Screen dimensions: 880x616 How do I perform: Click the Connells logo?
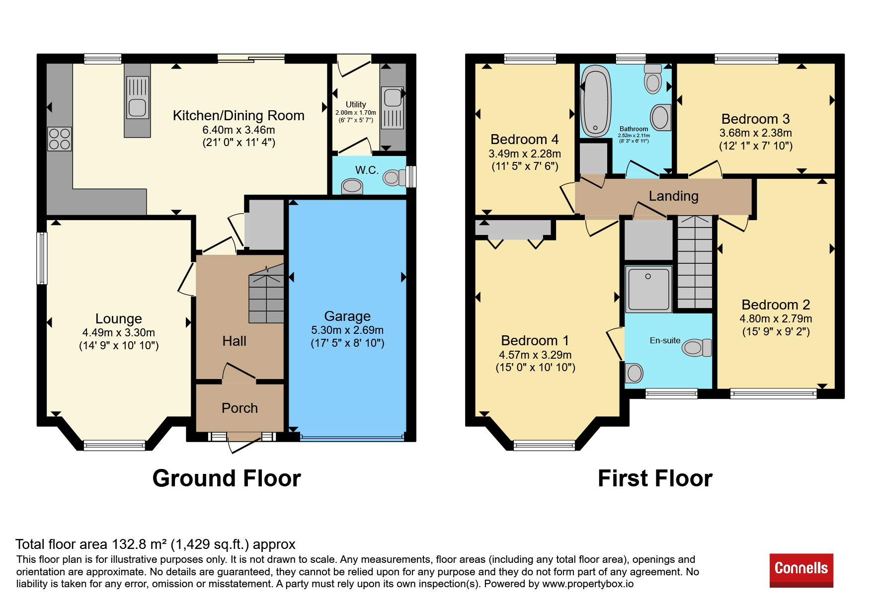(x=801, y=570)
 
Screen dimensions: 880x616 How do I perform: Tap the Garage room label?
(x=347, y=316)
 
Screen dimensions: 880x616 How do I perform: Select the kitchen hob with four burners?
(x=59, y=139)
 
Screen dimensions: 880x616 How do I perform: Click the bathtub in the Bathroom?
(x=595, y=101)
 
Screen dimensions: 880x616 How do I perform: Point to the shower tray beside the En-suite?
(x=648, y=289)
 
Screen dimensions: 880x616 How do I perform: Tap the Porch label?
(x=240, y=408)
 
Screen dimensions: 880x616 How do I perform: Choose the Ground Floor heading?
(x=227, y=478)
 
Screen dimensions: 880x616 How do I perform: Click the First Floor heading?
(x=655, y=478)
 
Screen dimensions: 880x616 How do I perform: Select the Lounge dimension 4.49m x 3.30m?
(x=119, y=333)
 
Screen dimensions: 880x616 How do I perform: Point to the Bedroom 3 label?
(x=755, y=119)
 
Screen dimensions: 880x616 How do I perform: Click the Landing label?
(x=673, y=196)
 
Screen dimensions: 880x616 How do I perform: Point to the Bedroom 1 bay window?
(x=544, y=445)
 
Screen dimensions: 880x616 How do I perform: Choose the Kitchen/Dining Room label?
(x=239, y=116)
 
